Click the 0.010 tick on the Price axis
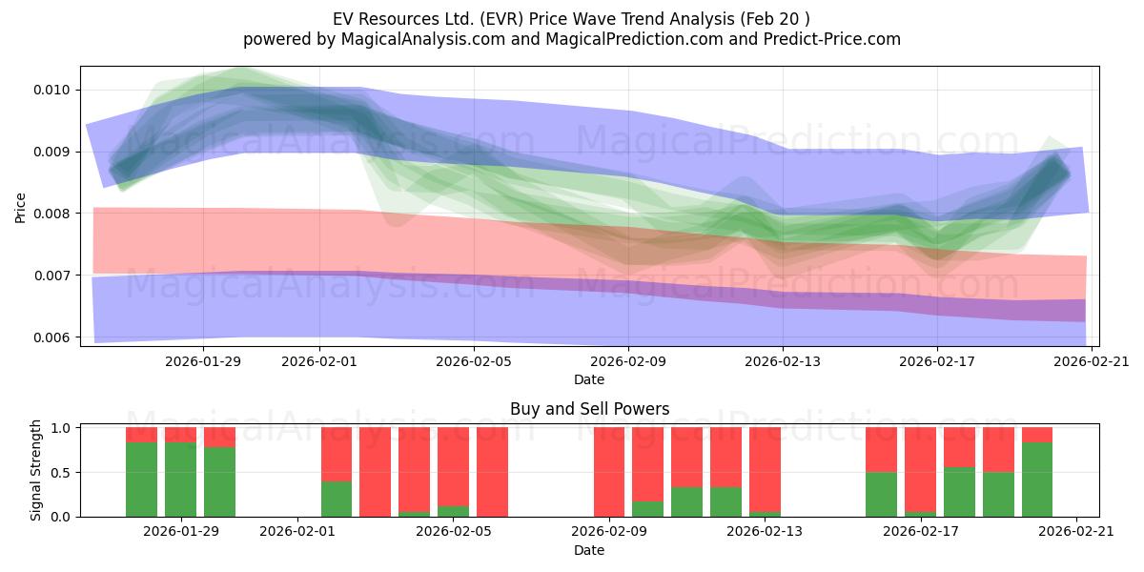51,91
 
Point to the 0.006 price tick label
51,337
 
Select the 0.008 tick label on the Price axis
51,214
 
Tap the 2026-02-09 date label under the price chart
628,361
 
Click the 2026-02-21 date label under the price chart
1092,361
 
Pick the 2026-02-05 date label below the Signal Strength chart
454,532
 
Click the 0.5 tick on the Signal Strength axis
62,473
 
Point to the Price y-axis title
20,208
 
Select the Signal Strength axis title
35,470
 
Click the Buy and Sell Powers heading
589,409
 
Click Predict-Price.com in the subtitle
832,39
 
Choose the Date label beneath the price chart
589,379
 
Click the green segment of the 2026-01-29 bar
180,480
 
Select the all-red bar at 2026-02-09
609,472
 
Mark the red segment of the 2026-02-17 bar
920,469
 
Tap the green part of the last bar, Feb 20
1037,480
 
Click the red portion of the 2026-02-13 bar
765,469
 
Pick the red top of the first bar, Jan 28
141,435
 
